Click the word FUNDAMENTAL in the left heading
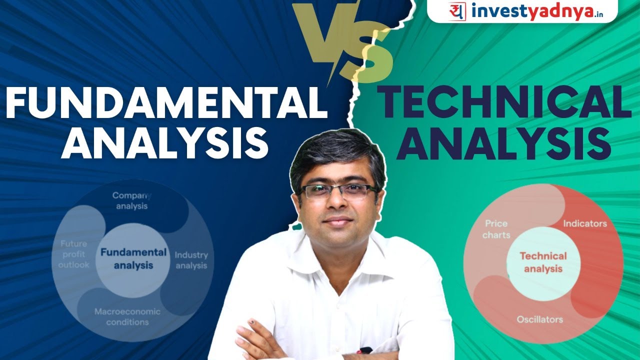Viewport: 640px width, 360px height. point(165,102)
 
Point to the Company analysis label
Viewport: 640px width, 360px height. point(131,200)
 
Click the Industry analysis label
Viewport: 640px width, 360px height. point(190,260)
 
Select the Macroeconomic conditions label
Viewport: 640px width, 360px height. point(127,316)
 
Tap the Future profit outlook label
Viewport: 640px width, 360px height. point(73,254)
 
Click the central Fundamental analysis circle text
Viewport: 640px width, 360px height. point(133,258)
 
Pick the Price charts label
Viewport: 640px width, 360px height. point(496,229)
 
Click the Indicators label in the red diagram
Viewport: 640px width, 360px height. point(584,223)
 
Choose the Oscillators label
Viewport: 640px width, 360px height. point(540,319)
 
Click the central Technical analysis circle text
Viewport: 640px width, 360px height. point(543,262)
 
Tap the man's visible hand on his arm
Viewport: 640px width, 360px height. point(255,340)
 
